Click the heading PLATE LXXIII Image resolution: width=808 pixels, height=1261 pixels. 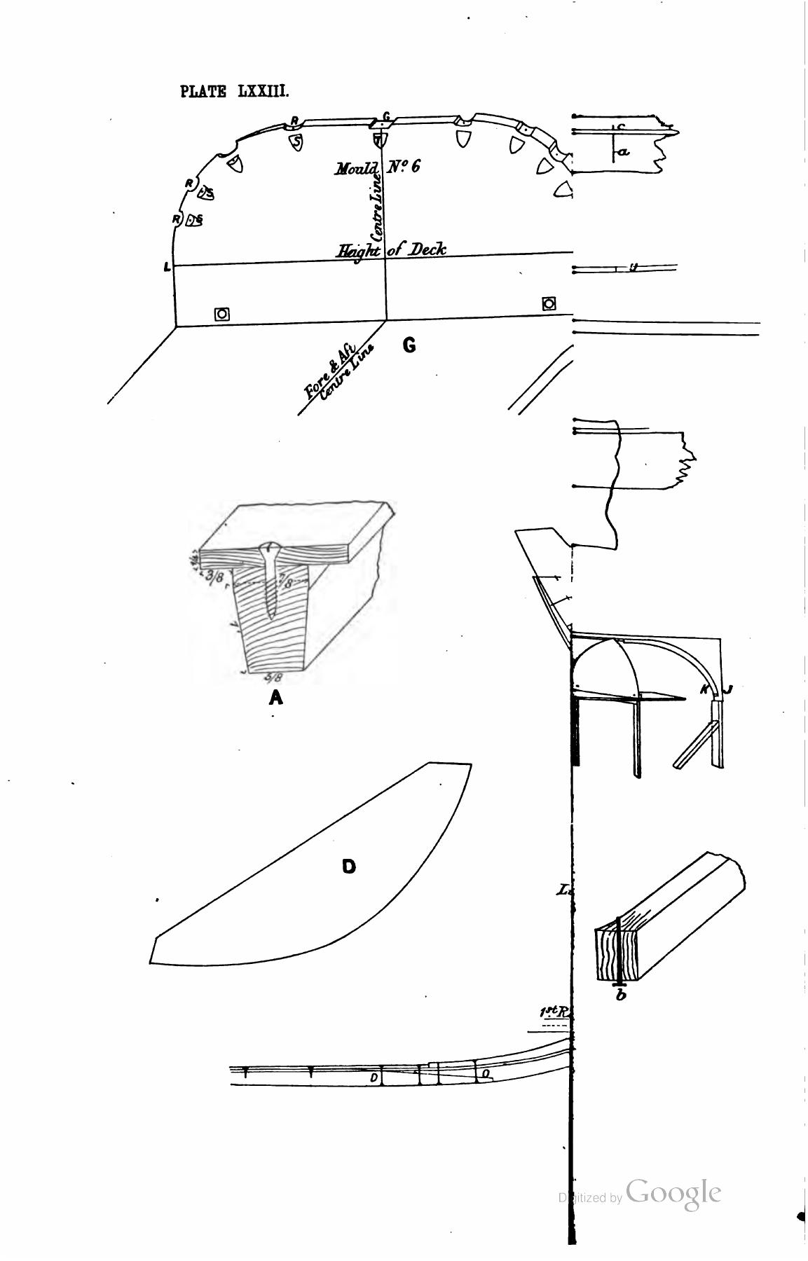click(234, 92)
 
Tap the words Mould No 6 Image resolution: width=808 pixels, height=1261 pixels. click(377, 167)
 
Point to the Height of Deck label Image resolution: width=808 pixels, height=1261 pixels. click(391, 250)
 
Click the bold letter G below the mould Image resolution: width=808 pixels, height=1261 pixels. click(409, 345)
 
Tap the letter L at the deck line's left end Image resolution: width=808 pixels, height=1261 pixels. click(166, 267)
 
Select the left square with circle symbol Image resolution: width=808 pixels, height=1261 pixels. click(221, 314)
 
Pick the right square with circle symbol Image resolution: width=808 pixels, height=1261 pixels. click(549, 303)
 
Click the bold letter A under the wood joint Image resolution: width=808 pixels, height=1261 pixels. click(276, 697)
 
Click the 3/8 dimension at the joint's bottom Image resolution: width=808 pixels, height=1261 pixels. click(273, 677)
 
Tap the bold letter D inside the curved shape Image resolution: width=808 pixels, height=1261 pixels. click(348, 867)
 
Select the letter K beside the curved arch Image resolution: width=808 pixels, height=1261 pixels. click(705, 690)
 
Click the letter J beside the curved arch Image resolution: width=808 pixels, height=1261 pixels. click(727, 690)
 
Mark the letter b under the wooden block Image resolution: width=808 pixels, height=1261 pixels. click(620, 995)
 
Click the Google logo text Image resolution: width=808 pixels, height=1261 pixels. click(673, 1192)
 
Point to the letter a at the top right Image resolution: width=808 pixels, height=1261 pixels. click(624, 151)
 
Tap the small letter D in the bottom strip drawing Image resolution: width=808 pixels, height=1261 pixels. click(374, 1077)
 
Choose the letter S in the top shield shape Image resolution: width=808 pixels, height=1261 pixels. click(297, 142)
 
